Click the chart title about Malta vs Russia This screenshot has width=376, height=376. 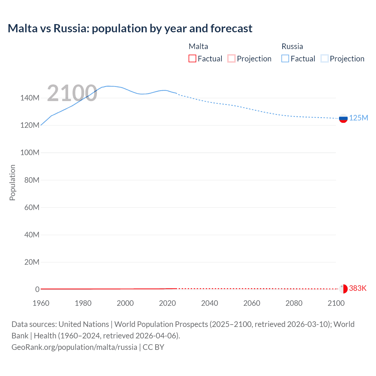pos(130,28)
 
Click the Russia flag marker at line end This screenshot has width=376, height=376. pos(343,118)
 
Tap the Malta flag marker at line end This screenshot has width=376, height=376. pos(343,289)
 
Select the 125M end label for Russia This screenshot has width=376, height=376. pos(358,118)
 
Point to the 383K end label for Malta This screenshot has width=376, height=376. pos(357,288)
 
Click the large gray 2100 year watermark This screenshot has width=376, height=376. pos(72,93)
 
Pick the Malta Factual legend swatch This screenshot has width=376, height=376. pos(192,59)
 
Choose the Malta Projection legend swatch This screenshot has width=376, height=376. pos(231,59)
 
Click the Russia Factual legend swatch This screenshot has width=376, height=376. pos(285,59)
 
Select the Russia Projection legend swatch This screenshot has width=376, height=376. pos(325,59)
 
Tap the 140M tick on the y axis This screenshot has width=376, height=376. pos(30,98)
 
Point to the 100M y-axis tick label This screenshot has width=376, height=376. pos(30,153)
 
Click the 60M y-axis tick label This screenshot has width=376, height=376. pos(32,207)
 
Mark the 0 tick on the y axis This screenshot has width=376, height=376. pos(37,289)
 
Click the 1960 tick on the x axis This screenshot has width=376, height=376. pos(41,303)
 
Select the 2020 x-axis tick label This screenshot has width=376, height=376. pos(167,303)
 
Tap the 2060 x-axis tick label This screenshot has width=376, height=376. pos(252,303)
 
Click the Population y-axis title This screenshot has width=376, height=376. pos(12,182)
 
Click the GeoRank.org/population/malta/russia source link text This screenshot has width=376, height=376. pos(74,347)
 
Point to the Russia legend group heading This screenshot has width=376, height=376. pos(292,46)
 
